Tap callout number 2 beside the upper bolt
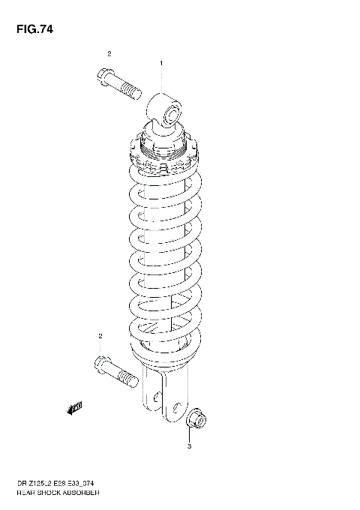click(x=109, y=53)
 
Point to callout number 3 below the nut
click(x=190, y=447)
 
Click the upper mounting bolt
click(x=118, y=83)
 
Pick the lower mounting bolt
click(x=115, y=370)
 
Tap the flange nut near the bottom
click(x=197, y=415)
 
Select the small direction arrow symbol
click(x=74, y=408)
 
